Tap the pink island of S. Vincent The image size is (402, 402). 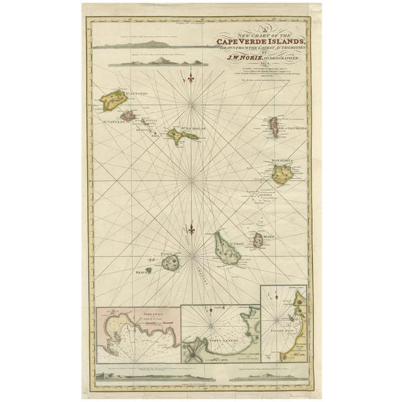coord(128,115)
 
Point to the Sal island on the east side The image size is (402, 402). coord(274,126)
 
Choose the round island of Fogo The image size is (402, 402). coord(170,263)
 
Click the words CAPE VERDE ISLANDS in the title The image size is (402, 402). coord(259,41)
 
